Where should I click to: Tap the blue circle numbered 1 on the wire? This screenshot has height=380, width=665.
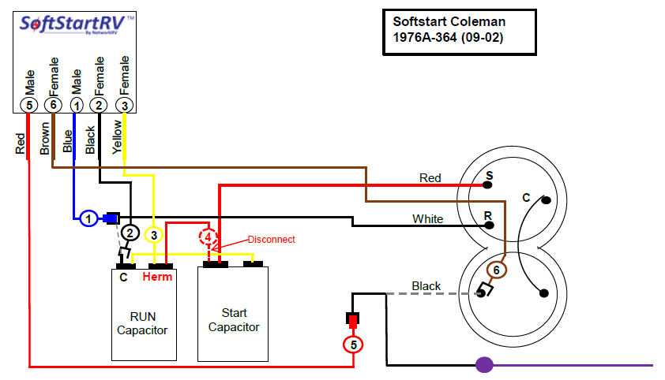pos(88,218)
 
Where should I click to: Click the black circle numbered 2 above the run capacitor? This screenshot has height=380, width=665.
pos(130,233)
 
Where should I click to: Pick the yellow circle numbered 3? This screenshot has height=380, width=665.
pos(155,234)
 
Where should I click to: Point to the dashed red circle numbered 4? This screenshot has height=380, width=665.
pos(208,237)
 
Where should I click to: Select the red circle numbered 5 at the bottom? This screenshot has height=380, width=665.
pos(353,345)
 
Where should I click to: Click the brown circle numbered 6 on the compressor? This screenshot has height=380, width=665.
pos(495,270)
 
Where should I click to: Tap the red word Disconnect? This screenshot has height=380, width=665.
pos(271,239)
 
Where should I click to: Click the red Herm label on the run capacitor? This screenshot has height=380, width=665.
pos(157,277)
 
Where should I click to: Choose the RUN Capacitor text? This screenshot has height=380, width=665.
pos(142,323)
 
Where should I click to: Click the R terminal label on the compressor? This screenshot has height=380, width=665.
pos(490,214)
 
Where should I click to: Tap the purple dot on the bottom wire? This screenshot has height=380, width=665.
pos(484,365)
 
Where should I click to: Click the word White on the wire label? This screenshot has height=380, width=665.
pos(427,218)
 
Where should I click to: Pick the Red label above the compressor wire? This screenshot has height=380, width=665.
pos(430,178)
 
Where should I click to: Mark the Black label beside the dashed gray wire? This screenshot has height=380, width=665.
pos(426,285)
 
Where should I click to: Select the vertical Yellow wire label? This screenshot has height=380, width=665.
pos(118,136)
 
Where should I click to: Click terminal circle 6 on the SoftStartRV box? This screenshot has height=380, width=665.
pos(53,104)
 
